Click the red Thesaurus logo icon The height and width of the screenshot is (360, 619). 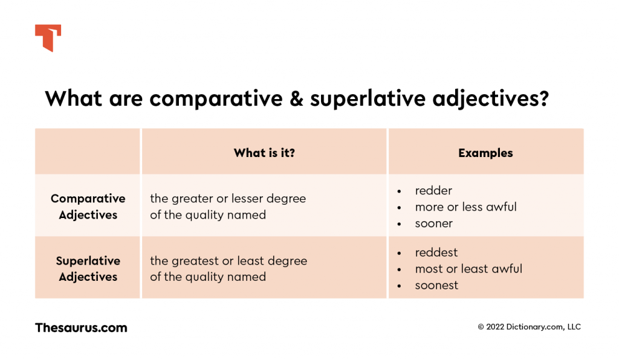[48, 37]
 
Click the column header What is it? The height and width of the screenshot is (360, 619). [264, 153]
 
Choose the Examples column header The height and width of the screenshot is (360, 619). [485, 153]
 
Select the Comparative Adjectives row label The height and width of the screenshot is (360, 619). [88, 207]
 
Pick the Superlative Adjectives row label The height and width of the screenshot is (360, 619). [88, 269]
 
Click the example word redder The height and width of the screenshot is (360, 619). [433, 191]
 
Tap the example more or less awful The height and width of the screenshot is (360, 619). [465, 207]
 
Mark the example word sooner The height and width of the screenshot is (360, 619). [433, 223]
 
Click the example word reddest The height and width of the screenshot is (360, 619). [436, 252]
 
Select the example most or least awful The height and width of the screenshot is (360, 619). [468, 269]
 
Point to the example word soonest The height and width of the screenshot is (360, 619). [436, 285]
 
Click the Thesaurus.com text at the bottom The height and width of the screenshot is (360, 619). [81, 328]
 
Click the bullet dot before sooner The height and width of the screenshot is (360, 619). [399, 224]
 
